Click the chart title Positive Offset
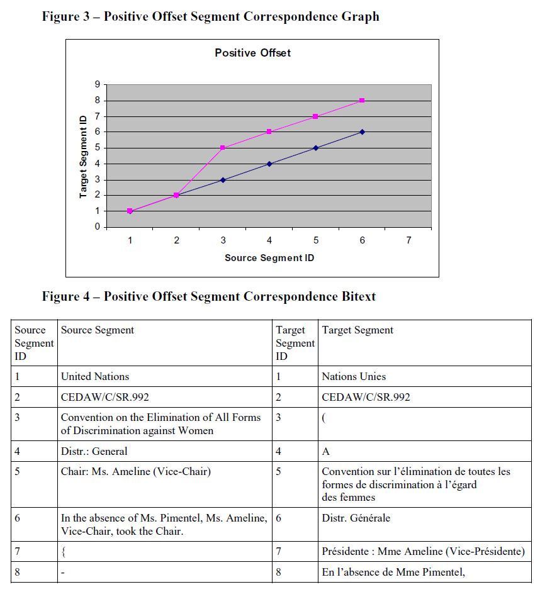pos(252,53)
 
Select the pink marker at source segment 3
pos(223,148)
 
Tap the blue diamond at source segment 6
pos(363,132)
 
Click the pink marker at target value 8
pos(363,101)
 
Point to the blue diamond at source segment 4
pos(269,164)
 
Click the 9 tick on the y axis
pos(97,84)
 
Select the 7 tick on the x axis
pos(408,240)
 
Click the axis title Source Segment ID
pos(269,258)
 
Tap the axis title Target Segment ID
pos(83,156)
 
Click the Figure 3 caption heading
pos(210,17)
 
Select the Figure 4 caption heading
pos(208,296)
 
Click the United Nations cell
pos(95,377)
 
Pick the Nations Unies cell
pos(354,377)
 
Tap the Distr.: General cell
pos(94,451)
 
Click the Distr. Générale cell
pos(356,518)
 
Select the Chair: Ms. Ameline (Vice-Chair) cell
pos(135,472)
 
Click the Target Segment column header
pos(357,330)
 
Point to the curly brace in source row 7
pos(63,552)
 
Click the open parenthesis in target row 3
pos(323,418)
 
